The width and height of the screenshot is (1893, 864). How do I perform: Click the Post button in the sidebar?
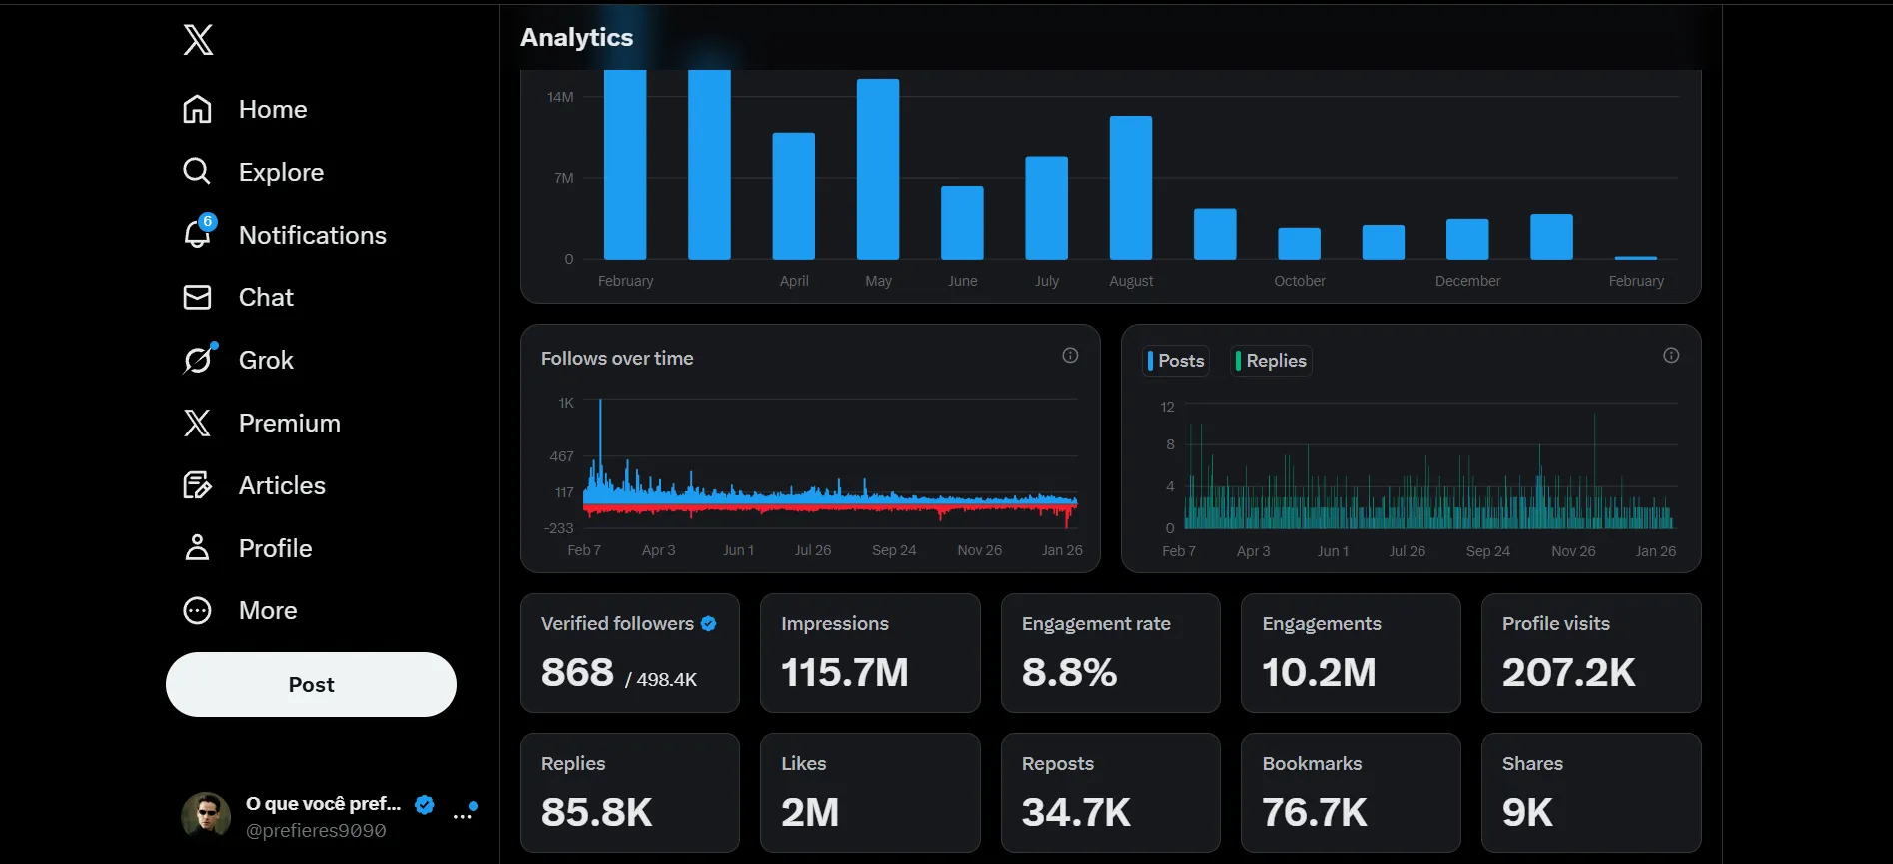[311, 684]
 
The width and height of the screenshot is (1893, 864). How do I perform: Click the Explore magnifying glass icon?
[197, 172]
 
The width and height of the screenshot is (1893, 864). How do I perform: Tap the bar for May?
[878, 169]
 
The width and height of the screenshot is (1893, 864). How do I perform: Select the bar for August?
[1131, 188]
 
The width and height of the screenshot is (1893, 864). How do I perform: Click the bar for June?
[962, 223]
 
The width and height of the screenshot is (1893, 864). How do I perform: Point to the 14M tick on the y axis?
[560, 97]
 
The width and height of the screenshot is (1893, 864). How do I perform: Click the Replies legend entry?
[1271, 361]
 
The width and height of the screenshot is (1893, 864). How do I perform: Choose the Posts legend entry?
[1176, 361]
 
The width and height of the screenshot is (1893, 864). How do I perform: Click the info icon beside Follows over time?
[1070, 355]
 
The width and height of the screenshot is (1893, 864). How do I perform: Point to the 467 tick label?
[562, 456]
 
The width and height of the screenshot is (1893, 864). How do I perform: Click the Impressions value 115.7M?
[845, 672]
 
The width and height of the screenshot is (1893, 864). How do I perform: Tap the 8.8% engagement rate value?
[1069, 672]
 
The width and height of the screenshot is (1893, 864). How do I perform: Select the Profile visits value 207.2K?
[1569, 672]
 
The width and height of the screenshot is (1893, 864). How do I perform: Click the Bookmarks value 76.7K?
[1315, 812]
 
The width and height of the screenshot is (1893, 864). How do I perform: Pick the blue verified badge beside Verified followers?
[709, 623]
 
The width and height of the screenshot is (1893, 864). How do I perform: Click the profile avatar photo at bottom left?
[206, 816]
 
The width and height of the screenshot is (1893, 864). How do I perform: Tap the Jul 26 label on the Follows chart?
[813, 550]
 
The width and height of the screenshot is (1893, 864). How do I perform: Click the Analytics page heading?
[577, 37]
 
